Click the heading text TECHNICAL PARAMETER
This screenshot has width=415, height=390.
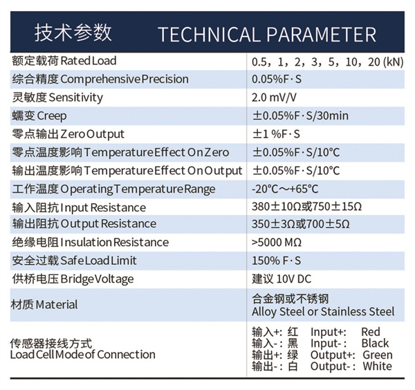coord(267,35)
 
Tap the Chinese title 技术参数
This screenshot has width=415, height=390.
coord(73,32)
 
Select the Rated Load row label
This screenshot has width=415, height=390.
coord(64,61)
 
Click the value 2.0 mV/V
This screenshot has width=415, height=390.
coord(274,98)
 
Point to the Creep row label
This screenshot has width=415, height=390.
coord(39,116)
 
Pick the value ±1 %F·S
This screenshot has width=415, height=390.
coord(276,134)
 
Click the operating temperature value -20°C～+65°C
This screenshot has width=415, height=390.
coord(285,189)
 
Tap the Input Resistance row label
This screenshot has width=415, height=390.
coord(79,207)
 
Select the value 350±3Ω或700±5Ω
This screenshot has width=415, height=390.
coord(301,224)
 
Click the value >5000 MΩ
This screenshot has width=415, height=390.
coord(276,242)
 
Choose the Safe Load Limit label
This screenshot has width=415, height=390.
coord(74,261)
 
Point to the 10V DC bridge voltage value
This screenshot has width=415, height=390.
coord(294,279)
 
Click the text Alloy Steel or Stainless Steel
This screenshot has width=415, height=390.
coord(323,311)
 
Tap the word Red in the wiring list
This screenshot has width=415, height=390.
coord(371,332)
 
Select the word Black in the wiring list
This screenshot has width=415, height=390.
coord(375,344)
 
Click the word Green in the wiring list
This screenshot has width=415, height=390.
coord(378,355)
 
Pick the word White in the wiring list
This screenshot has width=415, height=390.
coord(378,366)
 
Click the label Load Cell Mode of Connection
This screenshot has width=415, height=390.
coord(82,355)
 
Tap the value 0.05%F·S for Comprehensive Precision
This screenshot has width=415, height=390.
coord(277,79)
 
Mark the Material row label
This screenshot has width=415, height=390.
coord(44,304)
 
